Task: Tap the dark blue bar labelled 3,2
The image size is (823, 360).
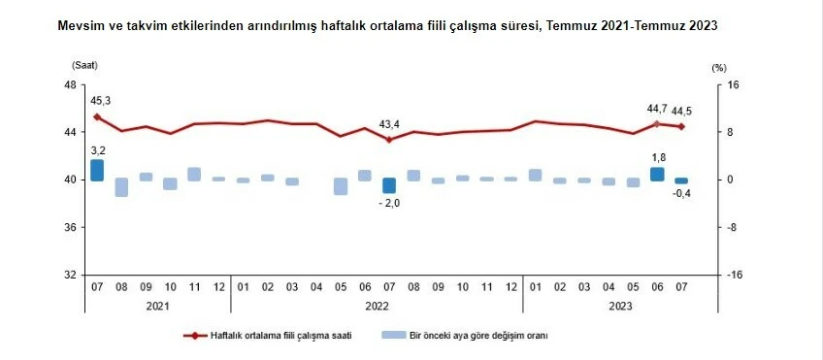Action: pyautogui.click(x=97, y=170)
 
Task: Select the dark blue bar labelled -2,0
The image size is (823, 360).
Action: pyautogui.click(x=389, y=185)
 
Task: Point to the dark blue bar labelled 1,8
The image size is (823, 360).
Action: pyautogui.click(x=657, y=174)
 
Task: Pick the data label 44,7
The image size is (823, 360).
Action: pyautogui.click(x=657, y=110)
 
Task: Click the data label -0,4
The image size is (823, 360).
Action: pyautogui.click(x=682, y=194)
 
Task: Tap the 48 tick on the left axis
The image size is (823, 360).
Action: pyautogui.click(x=70, y=84)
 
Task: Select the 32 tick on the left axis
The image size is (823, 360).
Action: pyautogui.click(x=70, y=275)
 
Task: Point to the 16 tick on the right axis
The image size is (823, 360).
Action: pyautogui.click(x=734, y=84)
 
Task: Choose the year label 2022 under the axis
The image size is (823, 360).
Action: pyautogui.click(x=377, y=306)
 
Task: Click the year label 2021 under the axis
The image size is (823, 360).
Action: pyautogui.click(x=157, y=306)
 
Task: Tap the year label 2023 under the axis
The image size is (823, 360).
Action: pyautogui.click(x=620, y=306)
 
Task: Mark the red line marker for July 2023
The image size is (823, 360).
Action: pyautogui.click(x=682, y=126)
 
